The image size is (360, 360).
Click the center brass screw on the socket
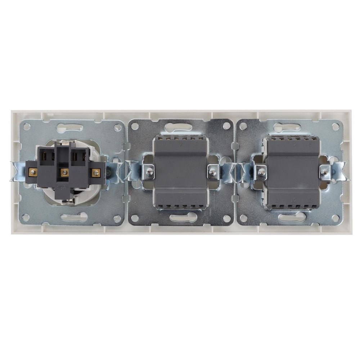pos(64,172)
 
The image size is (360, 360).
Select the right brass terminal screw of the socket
pos(95,172)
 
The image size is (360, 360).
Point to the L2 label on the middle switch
pos(180,200)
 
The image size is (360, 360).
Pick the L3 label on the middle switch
pos(196,200)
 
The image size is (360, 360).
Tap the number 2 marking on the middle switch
pos(180,144)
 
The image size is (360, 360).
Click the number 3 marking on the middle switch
pos(197,144)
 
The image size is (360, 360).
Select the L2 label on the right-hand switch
pos(294,200)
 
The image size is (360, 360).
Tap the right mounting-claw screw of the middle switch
pos(213,172)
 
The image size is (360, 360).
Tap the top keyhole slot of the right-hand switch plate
pos(287,127)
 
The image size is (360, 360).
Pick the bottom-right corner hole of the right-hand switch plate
pos(335,218)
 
